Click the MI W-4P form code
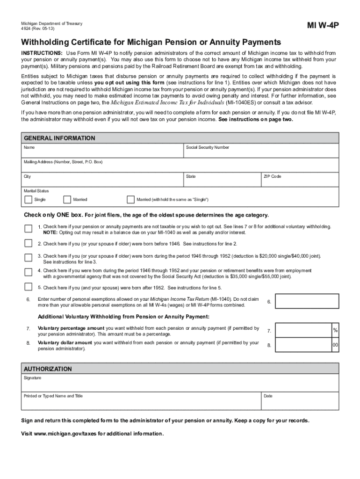(x=323, y=25)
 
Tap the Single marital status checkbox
(x=28, y=200)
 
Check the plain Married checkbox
(x=67, y=200)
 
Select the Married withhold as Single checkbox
(x=130, y=200)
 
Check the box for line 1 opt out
(x=29, y=229)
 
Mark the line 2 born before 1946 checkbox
(x=29, y=244)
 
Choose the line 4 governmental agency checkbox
(x=29, y=273)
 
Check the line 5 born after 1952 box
(x=29, y=288)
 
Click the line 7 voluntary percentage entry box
(x=303, y=331)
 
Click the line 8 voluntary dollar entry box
(x=303, y=345)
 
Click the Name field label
(x=29, y=148)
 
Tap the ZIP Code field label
(x=273, y=177)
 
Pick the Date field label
(x=268, y=396)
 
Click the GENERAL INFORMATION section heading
(x=59, y=138)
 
